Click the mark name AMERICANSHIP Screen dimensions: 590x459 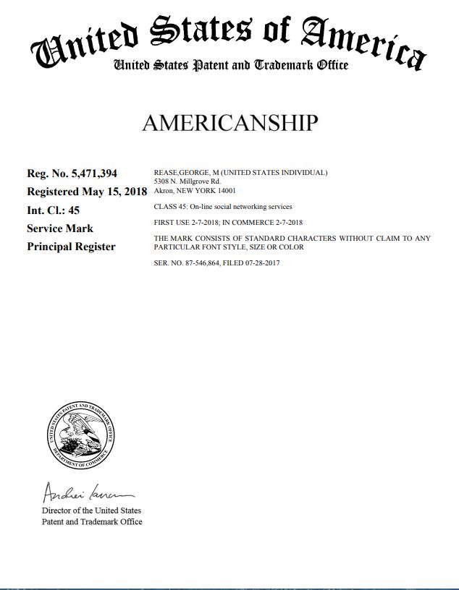(x=230, y=123)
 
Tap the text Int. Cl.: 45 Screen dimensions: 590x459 (x=54, y=210)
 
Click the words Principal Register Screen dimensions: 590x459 (x=71, y=247)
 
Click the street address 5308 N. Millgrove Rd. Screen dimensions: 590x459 (x=187, y=181)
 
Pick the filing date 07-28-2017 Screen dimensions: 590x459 (x=263, y=263)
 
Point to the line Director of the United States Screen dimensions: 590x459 (x=92, y=511)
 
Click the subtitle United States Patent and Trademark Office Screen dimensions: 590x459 (x=230, y=66)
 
